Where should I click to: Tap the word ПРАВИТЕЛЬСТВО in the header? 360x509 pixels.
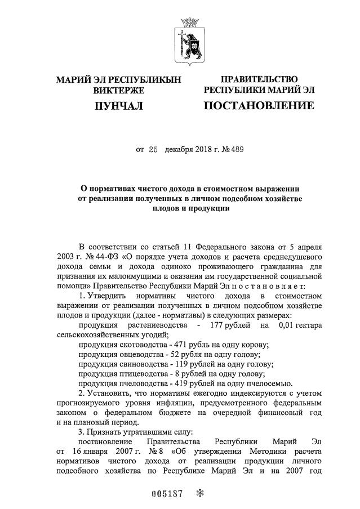pos(259,79)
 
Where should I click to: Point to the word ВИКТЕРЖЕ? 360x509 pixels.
pos(118,90)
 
